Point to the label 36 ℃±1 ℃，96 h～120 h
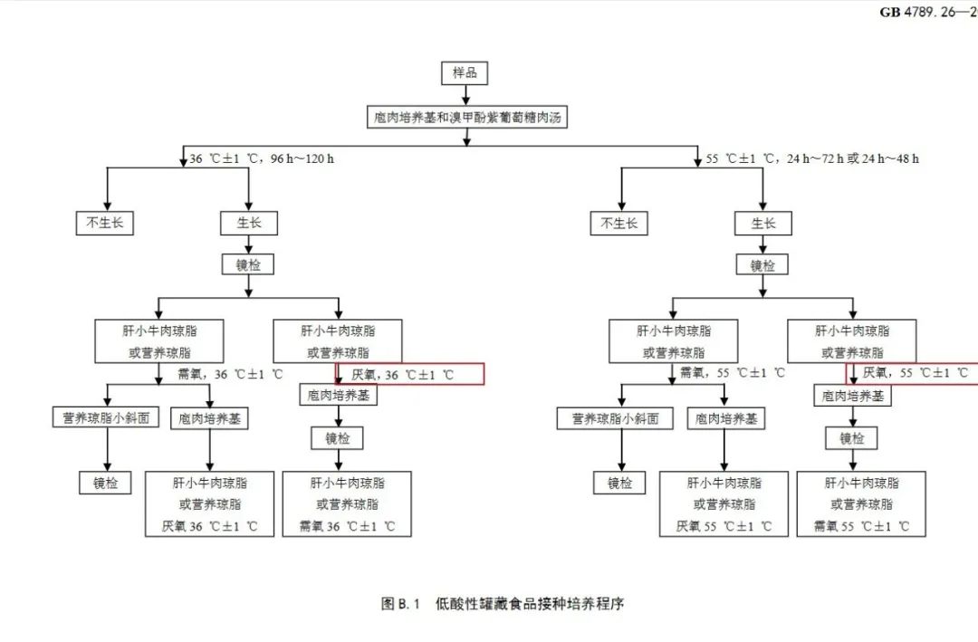[x=262, y=159]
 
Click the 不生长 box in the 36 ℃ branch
[x=104, y=223]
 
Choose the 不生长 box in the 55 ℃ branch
[x=618, y=223]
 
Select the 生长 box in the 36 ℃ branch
[x=248, y=223]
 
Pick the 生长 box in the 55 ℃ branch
[x=762, y=223]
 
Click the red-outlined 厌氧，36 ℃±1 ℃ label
[x=410, y=374]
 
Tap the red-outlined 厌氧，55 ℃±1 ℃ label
[x=913, y=373]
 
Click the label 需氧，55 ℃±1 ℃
[x=733, y=373]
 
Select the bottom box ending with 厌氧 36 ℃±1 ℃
[x=209, y=504]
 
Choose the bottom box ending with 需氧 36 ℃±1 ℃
[x=347, y=504]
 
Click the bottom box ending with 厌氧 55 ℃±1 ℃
[x=724, y=504]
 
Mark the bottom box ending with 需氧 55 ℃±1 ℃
[x=861, y=504]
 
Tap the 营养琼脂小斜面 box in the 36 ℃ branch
[x=105, y=418]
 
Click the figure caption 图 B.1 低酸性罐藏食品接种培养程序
[x=503, y=604]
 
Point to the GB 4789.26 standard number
[x=928, y=12]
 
